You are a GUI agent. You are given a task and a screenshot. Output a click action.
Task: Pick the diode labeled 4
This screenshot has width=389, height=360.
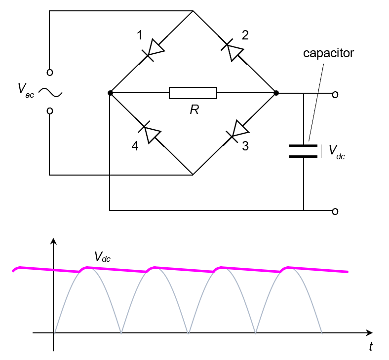(150, 132)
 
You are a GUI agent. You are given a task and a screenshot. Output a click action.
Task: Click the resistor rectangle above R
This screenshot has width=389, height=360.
(193, 93)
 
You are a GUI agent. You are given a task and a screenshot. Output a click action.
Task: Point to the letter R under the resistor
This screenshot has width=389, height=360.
(194, 109)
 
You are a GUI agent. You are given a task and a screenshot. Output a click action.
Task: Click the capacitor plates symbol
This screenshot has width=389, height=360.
(303, 151)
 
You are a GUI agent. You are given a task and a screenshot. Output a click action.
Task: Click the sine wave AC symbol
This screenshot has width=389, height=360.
(50, 92)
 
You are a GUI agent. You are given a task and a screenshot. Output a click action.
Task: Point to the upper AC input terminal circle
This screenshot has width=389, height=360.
(49, 72)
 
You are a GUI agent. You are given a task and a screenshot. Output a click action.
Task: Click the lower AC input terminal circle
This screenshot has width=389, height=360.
(49, 111)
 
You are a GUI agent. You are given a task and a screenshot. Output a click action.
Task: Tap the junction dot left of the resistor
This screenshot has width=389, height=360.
(110, 93)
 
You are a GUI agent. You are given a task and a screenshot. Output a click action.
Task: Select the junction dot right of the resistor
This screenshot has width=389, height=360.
(276, 93)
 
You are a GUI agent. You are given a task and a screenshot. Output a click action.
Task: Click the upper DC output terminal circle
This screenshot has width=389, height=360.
(335, 93)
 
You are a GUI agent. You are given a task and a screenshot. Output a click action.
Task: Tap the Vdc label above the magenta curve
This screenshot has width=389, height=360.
(103, 257)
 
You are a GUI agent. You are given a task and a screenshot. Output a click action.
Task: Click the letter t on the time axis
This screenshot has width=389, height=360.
(370, 347)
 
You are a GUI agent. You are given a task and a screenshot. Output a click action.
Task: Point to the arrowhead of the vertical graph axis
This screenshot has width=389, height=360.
(53, 241)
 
